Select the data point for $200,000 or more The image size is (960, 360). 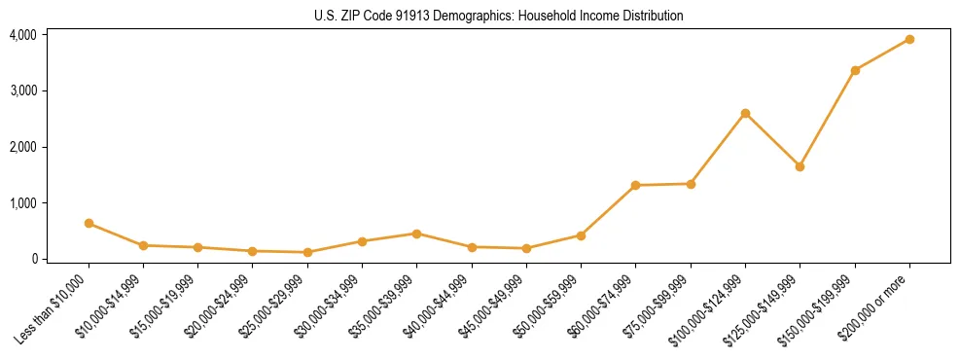click(909, 39)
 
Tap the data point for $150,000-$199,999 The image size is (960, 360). click(855, 70)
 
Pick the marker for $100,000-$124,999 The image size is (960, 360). click(745, 113)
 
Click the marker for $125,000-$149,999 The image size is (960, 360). click(800, 166)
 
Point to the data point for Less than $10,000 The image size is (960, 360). click(89, 223)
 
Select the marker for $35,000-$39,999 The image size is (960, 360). click(416, 234)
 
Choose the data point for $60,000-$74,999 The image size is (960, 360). click(635, 185)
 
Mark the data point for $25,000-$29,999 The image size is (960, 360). click(307, 252)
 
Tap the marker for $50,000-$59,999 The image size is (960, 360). click(581, 235)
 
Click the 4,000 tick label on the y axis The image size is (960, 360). click(22, 35)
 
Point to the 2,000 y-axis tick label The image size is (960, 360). click(22, 147)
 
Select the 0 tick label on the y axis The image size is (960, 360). click(33, 259)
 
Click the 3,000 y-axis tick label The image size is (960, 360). click(22, 90)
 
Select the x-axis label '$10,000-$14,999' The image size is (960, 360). click(114, 307)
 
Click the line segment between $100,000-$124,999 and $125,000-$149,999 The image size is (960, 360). click(772, 140)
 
